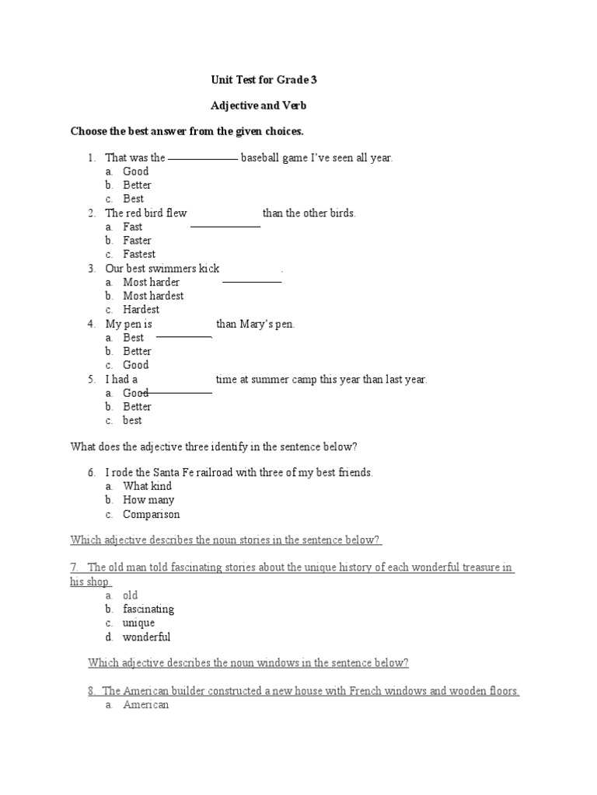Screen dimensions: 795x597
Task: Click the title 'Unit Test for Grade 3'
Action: [x=264, y=79]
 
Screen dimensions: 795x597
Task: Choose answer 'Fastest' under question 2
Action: [x=139, y=254]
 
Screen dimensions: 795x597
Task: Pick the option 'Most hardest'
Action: [x=153, y=296]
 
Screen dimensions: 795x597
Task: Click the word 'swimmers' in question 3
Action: [x=173, y=269]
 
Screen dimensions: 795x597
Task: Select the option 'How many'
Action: [x=148, y=500]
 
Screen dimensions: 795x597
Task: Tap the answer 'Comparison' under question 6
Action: [x=151, y=514]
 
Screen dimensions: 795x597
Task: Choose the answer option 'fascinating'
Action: [x=148, y=609]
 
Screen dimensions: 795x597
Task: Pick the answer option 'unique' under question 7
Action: [x=138, y=623]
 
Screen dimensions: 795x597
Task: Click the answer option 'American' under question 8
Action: [x=145, y=705]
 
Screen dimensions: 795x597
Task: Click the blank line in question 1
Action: [x=202, y=158]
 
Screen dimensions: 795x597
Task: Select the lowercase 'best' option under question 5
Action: [x=132, y=421]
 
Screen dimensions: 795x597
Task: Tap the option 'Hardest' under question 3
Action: [x=141, y=310]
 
